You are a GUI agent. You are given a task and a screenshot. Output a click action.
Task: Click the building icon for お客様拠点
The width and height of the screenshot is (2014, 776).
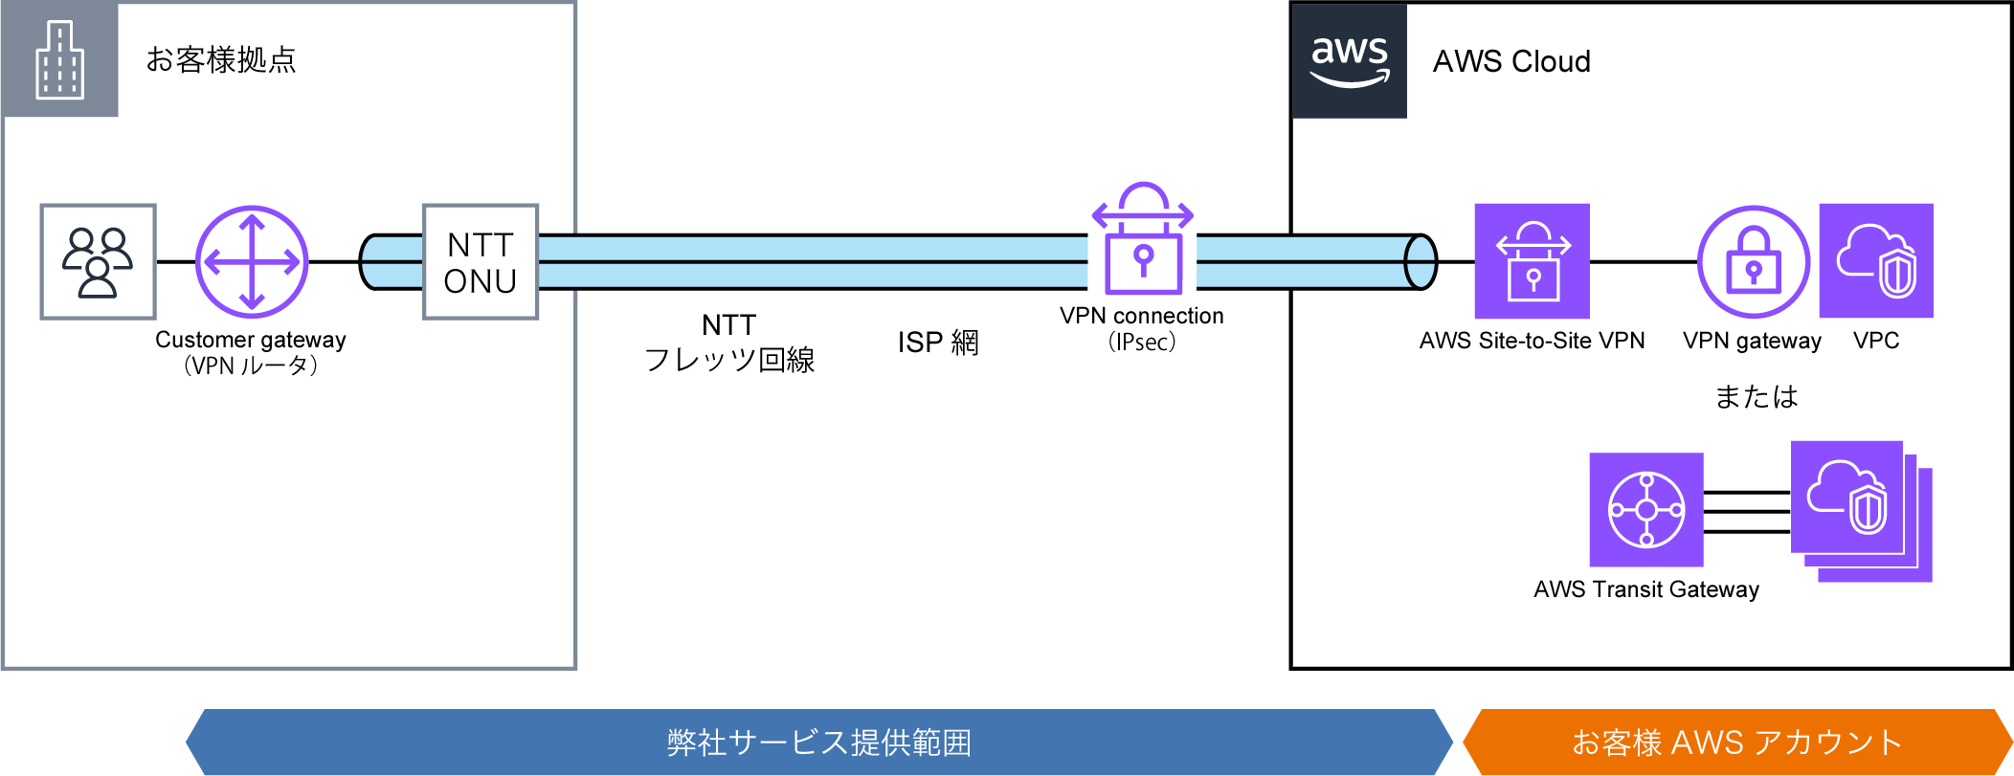[x=59, y=60]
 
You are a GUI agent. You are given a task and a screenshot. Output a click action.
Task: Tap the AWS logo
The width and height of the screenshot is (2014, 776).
[x=1349, y=60]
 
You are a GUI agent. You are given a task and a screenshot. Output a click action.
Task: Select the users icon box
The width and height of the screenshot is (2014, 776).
[x=98, y=261]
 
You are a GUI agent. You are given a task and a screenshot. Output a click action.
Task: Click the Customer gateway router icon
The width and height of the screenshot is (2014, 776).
[x=252, y=261]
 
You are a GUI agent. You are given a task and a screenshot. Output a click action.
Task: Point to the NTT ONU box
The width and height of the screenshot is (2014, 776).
[x=481, y=262]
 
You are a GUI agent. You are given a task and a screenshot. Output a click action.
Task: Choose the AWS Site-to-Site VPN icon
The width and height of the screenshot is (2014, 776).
[x=1532, y=261]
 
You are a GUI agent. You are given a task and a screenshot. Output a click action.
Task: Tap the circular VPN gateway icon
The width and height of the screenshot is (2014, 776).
[x=1753, y=261]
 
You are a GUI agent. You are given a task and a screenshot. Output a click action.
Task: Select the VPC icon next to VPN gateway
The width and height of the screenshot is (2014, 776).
[x=1876, y=260]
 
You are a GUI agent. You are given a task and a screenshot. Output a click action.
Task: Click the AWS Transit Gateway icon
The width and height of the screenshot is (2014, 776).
[x=1646, y=509]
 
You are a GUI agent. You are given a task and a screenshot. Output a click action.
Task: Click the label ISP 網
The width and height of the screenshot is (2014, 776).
[x=938, y=343]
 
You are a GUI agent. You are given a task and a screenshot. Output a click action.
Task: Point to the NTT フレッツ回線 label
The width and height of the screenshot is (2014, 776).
[x=729, y=343]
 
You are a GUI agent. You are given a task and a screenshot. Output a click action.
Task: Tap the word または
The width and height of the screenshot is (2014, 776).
[x=1756, y=396]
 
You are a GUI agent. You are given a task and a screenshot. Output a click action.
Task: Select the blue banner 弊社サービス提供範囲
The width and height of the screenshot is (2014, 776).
[x=818, y=742]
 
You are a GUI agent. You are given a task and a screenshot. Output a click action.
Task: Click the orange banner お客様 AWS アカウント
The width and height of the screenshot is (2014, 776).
[x=1736, y=742]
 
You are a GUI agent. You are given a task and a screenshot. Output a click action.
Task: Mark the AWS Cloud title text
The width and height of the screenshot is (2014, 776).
[x=1511, y=61]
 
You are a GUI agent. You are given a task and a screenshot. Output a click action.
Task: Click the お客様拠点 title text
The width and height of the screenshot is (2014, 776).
[x=221, y=59]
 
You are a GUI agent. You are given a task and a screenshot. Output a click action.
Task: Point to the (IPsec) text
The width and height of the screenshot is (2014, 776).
[x=1142, y=342]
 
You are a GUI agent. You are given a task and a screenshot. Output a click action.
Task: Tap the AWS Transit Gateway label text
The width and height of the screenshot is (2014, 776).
[x=1646, y=589]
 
